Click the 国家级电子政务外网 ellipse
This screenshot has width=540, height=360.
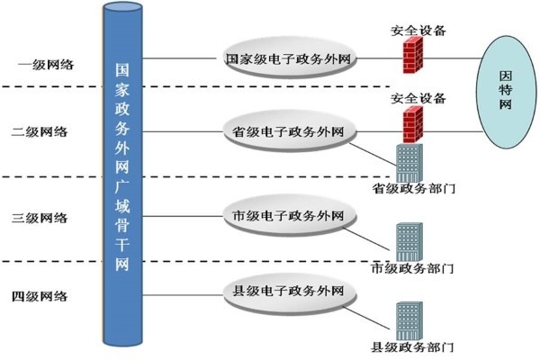[x=288, y=59]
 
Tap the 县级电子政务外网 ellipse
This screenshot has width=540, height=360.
[x=288, y=290]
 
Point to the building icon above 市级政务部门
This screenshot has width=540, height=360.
[x=409, y=241]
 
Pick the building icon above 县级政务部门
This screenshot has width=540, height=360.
[x=409, y=319]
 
